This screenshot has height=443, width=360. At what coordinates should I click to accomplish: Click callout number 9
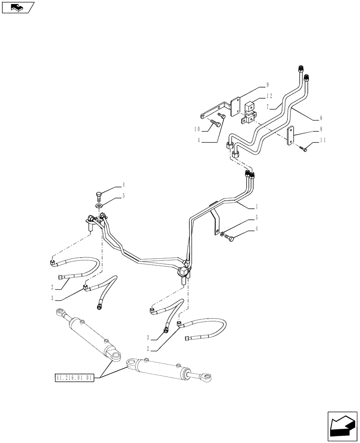click(267, 84)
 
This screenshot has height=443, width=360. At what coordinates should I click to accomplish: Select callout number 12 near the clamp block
click(269, 96)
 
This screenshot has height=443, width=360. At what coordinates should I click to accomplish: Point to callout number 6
click(321, 118)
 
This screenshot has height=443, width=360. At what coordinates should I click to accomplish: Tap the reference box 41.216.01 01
click(74, 378)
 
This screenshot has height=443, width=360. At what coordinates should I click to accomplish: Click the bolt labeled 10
click(216, 124)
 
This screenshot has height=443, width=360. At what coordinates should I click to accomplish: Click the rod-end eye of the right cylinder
click(208, 377)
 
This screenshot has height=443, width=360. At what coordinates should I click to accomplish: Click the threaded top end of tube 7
click(300, 68)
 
